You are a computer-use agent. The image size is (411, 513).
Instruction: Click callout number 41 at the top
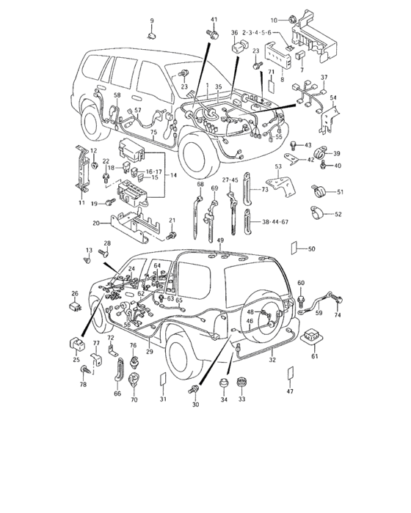214,18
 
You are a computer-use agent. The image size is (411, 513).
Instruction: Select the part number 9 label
153,20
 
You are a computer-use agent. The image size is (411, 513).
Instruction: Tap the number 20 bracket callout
96,224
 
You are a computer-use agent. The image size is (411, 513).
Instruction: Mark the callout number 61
315,357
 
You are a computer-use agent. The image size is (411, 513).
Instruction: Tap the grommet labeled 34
224,383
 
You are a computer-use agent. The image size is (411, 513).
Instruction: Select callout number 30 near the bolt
195,405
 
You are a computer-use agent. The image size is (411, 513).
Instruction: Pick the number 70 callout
134,400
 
